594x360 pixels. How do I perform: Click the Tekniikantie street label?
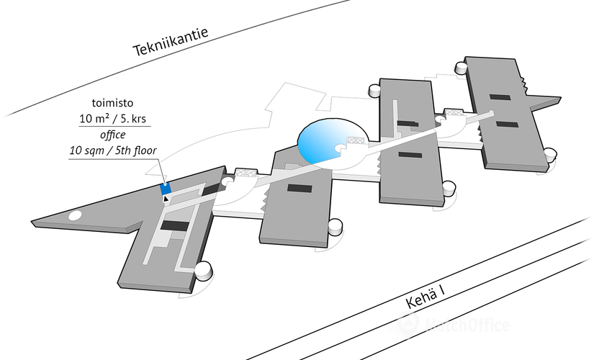click(170, 42)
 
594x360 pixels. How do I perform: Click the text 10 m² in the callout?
click(93, 118)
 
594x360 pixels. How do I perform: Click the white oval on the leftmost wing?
click(74, 215)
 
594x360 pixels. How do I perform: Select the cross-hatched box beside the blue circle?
click(354, 141)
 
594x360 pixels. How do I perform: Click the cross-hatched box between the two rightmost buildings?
click(452, 112)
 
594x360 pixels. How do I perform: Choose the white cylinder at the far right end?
click(551, 153)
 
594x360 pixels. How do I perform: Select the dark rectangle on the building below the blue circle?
click(298, 189)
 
